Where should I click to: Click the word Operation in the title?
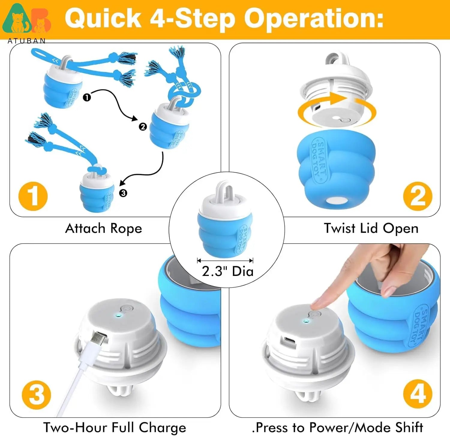click(313, 19)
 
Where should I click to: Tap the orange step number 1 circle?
click(33, 196)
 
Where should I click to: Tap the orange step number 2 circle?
click(418, 196)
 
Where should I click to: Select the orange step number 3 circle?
click(37, 395)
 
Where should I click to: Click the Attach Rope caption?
click(103, 229)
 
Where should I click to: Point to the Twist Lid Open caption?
click(371, 229)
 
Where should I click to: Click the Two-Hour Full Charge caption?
click(115, 427)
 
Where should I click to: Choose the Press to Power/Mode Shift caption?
click(337, 427)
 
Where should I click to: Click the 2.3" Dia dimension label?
click(227, 271)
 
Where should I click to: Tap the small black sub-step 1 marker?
click(87, 98)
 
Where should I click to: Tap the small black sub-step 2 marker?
click(143, 127)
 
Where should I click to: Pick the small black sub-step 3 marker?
click(123, 193)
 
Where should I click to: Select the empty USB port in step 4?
click(290, 341)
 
